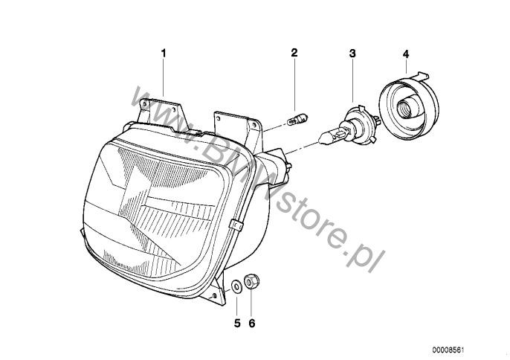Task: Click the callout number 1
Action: pos(164,53)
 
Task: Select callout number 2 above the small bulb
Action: pos(294,52)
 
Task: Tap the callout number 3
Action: pos(352,54)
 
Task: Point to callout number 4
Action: pos(406,54)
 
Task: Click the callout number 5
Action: pos(237,324)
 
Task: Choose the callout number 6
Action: pos(252,324)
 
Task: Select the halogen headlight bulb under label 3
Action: pos(349,126)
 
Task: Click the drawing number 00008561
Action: pos(448,350)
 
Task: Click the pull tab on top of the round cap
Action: pos(419,76)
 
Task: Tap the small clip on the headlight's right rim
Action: pos(236,225)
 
